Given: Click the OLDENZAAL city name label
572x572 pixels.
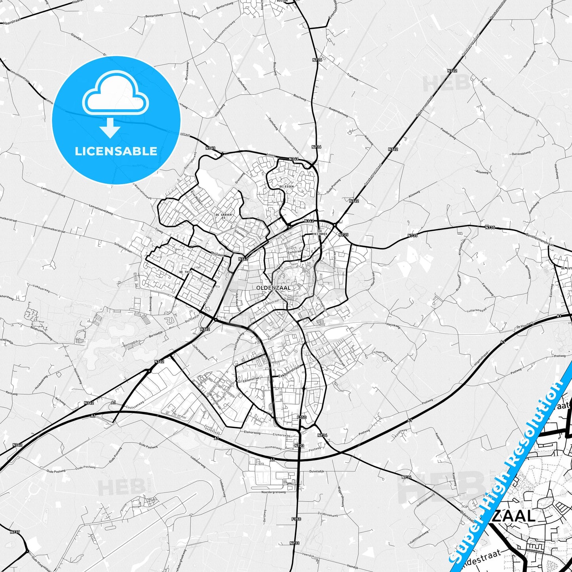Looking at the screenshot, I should point(273,288).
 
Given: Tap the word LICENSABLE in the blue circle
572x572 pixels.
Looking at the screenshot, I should point(116,151).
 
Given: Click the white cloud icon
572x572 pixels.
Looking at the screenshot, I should point(116,96).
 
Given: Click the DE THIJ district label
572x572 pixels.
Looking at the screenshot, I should point(185,272).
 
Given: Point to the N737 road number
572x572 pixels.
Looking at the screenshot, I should point(15,532).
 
